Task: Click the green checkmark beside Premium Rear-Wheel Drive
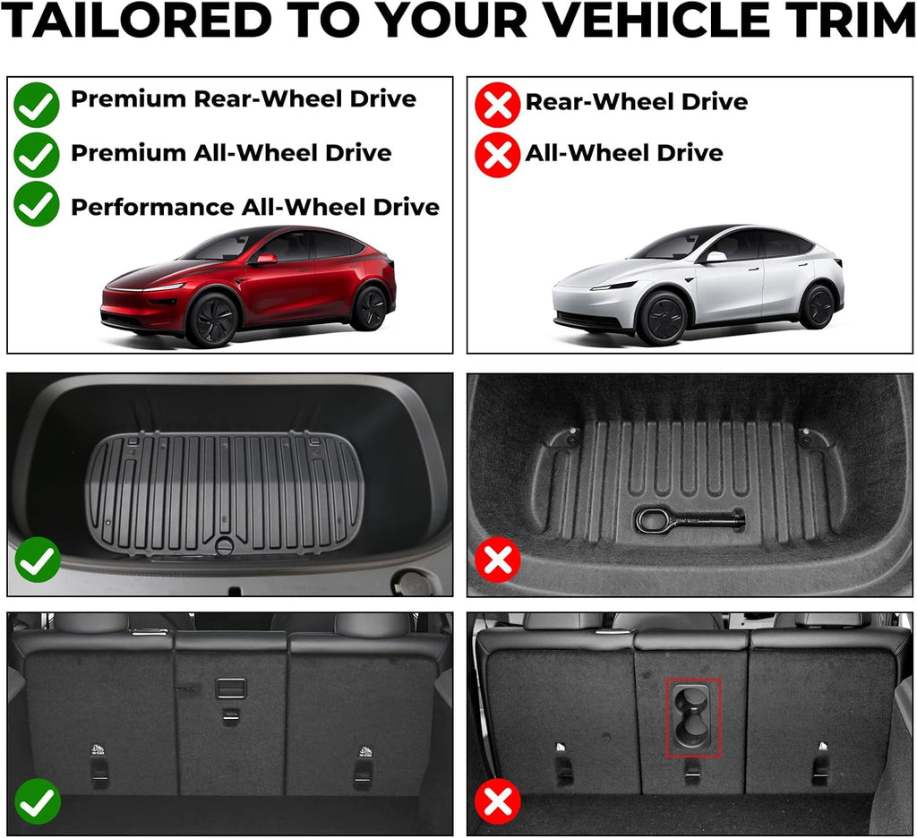37,104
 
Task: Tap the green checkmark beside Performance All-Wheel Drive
37,204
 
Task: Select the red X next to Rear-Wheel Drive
497,105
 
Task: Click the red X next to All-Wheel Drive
497,155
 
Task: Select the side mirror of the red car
265,259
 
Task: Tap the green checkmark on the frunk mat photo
38,561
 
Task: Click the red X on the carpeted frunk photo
498,561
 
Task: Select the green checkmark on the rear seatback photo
38,800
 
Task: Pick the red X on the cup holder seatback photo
498,800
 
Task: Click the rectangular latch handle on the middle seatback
230,688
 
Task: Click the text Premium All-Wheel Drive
231,153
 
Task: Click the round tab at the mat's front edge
224,545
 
